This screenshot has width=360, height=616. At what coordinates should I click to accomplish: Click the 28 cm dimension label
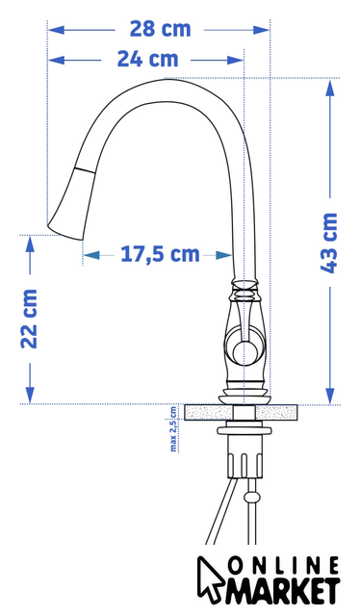(160, 30)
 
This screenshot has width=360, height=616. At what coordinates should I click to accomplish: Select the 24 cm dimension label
(147, 60)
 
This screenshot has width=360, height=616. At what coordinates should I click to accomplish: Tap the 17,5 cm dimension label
(160, 254)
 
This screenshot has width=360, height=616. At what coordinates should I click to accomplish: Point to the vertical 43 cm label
(329, 243)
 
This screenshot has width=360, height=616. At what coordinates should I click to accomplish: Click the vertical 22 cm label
(29, 319)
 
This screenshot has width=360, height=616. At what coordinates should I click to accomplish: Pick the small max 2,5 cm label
(173, 428)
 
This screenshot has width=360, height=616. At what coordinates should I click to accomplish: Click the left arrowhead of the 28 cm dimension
(56, 30)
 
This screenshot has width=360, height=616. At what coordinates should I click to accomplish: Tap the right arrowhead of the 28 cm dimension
(262, 30)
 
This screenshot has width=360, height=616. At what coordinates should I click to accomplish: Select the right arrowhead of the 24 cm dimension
(236, 60)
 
